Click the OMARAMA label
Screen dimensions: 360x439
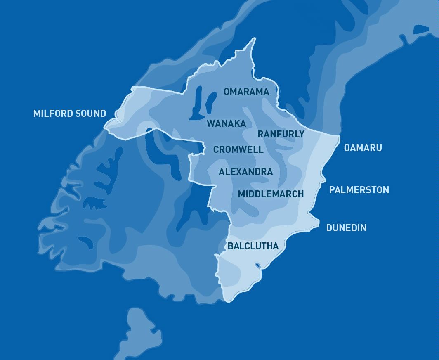point(246,92)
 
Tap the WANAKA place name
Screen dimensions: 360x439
point(226,123)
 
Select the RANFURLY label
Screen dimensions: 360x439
point(281,134)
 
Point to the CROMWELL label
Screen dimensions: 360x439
point(238,149)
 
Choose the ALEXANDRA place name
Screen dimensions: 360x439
point(245,172)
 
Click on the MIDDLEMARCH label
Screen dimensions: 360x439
point(271,194)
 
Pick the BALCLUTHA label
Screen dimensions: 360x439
point(253,246)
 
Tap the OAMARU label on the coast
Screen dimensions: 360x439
point(363,148)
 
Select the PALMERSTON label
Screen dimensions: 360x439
point(359,190)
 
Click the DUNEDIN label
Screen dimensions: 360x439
point(346,228)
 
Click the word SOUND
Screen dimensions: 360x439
point(91,114)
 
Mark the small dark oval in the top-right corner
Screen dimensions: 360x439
point(421,29)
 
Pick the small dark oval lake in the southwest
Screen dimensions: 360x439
point(85,242)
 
